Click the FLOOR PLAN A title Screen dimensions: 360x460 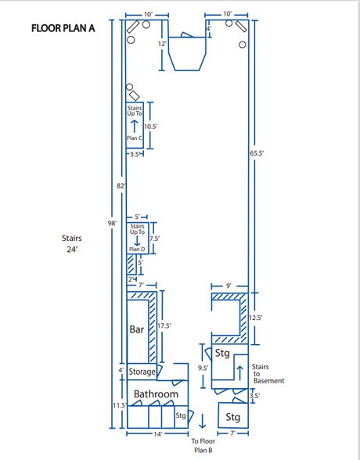(x=63, y=28)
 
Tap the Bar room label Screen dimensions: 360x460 (x=137, y=329)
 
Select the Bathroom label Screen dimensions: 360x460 (x=156, y=394)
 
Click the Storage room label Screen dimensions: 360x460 (x=142, y=372)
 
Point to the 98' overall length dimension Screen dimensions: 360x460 (x=112, y=223)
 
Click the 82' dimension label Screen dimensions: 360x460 (x=121, y=185)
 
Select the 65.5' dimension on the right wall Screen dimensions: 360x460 (x=257, y=153)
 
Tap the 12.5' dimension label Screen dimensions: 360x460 (x=256, y=318)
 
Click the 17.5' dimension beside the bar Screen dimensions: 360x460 (x=164, y=326)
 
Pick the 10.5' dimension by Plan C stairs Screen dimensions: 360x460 (x=151, y=127)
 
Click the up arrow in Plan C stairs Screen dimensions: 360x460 (x=134, y=126)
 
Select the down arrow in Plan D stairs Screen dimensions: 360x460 (x=137, y=241)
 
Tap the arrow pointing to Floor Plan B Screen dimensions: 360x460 (x=202, y=421)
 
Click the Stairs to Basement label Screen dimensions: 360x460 (x=268, y=374)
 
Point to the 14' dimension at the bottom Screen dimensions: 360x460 (x=158, y=434)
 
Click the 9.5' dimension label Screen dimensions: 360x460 (x=203, y=368)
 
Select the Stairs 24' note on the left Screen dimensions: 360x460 (x=71, y=243)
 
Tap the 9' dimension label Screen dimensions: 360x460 (x=229, y=286)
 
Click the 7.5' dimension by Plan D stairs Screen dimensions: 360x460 (x=154, y=239)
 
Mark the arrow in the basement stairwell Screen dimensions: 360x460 (x=240, y=372)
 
